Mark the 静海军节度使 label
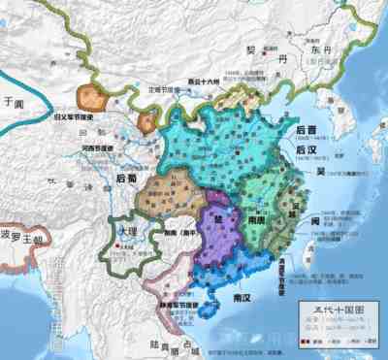click(179, 304)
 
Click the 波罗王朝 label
click(22, 238)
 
